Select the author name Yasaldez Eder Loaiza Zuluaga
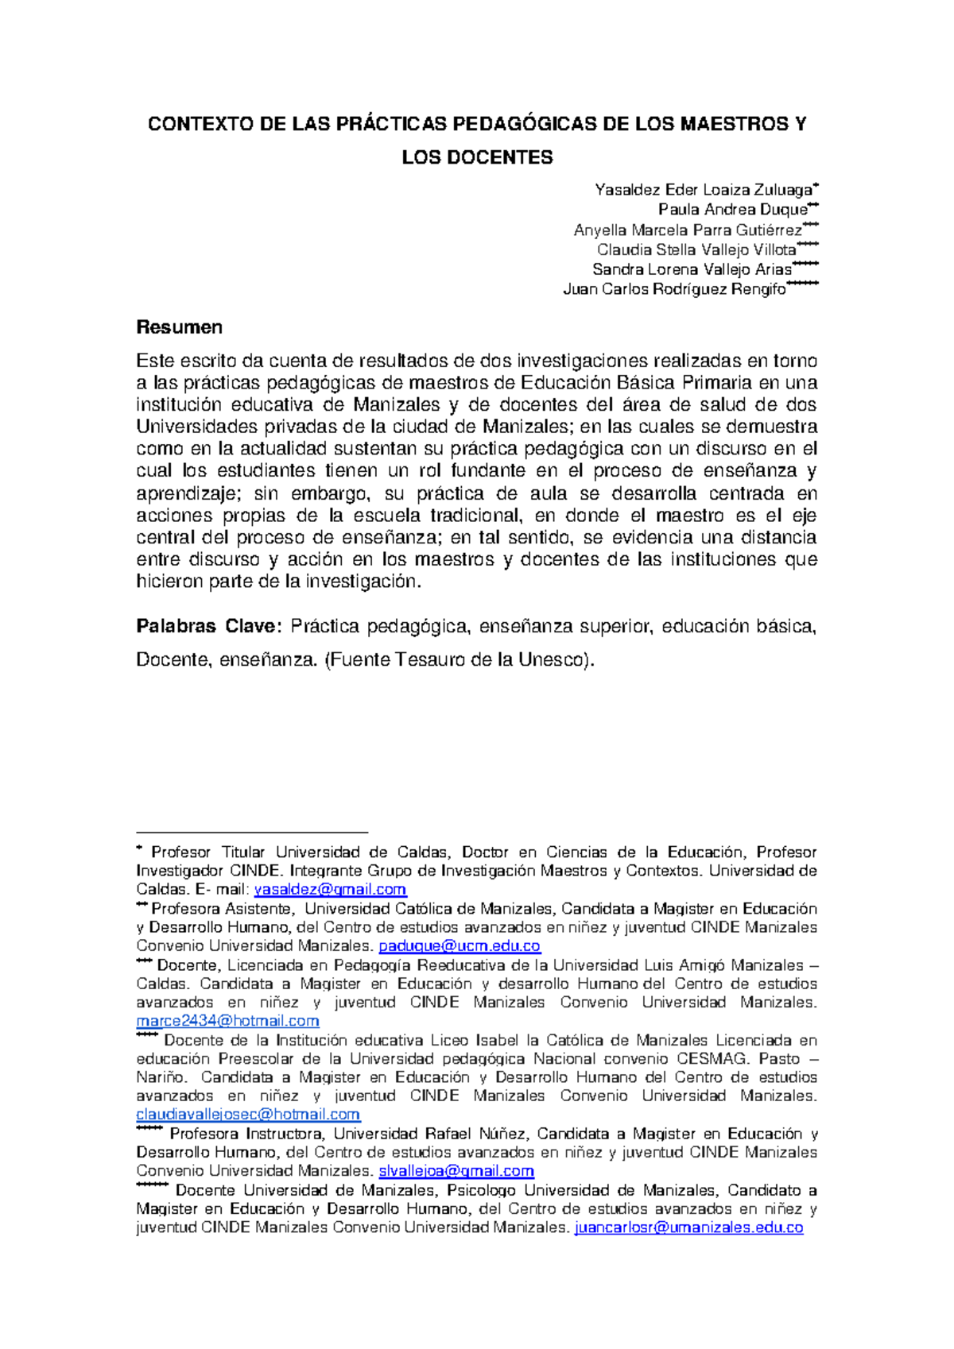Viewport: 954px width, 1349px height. click(703, 190)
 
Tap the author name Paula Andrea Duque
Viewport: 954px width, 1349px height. click(732, 210)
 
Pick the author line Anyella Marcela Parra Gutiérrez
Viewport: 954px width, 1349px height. click(688, 230)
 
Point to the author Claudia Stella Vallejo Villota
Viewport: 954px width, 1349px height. click(696, 250)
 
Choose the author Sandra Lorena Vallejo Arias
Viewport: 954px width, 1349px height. click(692, 270)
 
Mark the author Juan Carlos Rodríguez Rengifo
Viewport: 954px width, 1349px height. click(674, 290)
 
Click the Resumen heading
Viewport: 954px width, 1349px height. click(179, 327)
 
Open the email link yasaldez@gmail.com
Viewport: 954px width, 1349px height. click(330, 890)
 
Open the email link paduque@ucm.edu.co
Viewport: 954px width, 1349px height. click(460, 946)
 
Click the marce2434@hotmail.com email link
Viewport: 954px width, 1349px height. click(227, 1021)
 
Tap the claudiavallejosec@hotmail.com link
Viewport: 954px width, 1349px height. click(248, 1115)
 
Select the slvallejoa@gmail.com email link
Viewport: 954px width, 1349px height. click(456, 1171)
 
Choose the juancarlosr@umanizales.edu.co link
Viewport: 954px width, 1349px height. click(688, 1228)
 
